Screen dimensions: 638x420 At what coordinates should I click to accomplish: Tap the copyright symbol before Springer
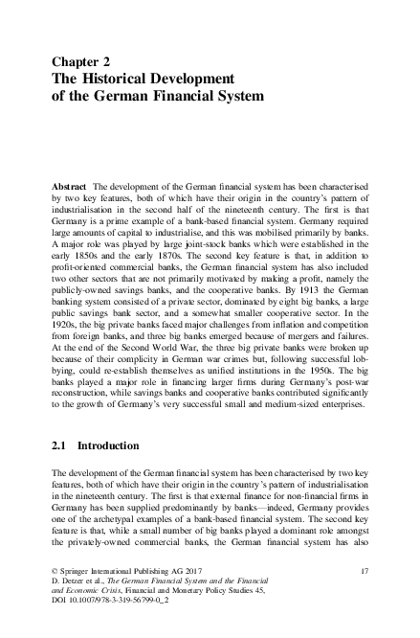pyautogui.click(x=55, y=571)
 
